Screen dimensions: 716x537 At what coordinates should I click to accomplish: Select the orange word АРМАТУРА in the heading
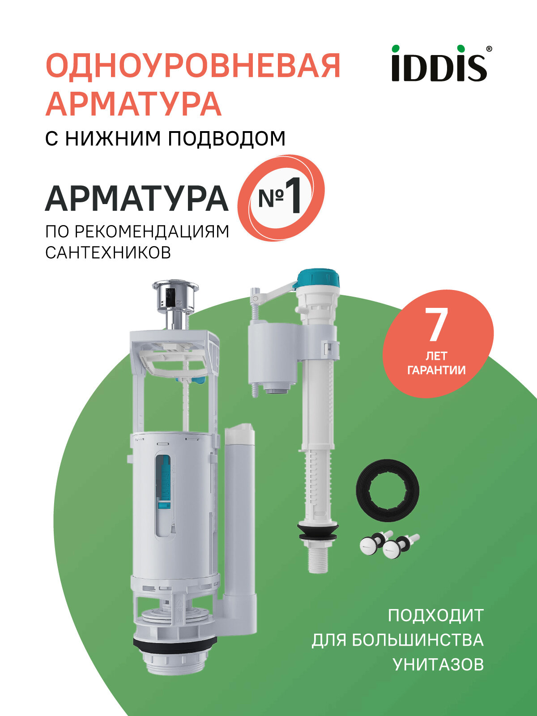click(x=133, y=104)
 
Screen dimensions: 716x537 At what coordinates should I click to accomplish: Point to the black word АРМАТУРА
click(x=136, y=199)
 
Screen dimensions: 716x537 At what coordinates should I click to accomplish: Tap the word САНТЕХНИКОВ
click(x=108, y=253)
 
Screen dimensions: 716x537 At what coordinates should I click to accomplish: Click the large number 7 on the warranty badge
click(x=436, y=325)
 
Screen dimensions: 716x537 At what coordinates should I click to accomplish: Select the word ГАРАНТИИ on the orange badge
click(x=436, y=371)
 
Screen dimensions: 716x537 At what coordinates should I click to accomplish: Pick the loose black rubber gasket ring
click(x=388, y=490)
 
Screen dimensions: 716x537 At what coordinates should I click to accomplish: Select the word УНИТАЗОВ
click(x=438, y=665)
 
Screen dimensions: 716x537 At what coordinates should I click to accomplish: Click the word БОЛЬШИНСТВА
click(x=417, y=640)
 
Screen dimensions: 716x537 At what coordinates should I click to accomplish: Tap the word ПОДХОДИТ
click(x=435, y=615)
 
